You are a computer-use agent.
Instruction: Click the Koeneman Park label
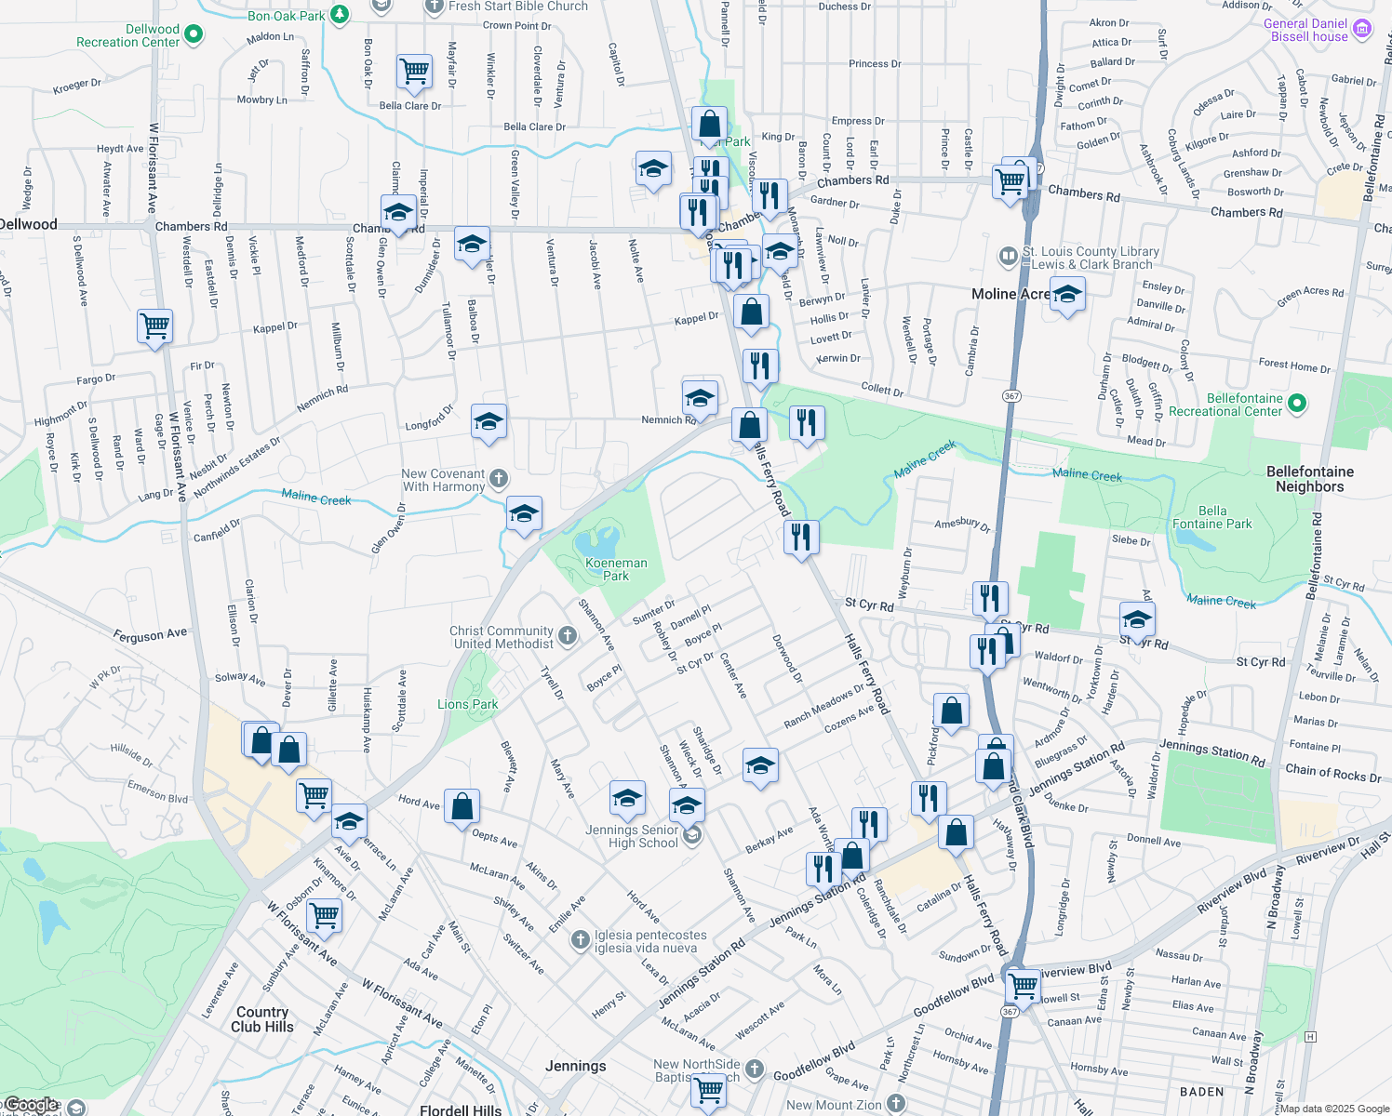click(616, 569)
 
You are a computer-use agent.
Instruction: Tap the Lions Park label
click(467, 704)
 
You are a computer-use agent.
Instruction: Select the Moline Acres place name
click(1011, 294)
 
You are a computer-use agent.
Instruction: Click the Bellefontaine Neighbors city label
click(1309, 479)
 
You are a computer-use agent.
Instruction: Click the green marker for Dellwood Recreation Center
click(194, 34)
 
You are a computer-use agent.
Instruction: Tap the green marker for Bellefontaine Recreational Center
click(1298, 404)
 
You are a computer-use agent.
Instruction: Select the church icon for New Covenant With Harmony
click(499, 479)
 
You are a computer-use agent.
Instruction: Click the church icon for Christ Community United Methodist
click(568, 636)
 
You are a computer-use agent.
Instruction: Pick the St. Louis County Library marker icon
click(1009, 256)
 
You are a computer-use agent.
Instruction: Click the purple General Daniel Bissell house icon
click(1362, 29)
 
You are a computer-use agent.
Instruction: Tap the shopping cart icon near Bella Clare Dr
click(414, 71)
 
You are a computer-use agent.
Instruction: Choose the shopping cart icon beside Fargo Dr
click(154, 326)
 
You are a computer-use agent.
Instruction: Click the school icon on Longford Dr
click(489, 422)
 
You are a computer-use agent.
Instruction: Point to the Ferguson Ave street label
click(150, 635)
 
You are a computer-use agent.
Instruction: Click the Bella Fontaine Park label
click(1211, 517)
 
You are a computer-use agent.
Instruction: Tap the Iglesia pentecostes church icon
click(581, 940)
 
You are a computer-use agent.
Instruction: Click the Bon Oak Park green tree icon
click(341, 14)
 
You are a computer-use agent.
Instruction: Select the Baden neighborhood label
click(1201, 1092)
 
